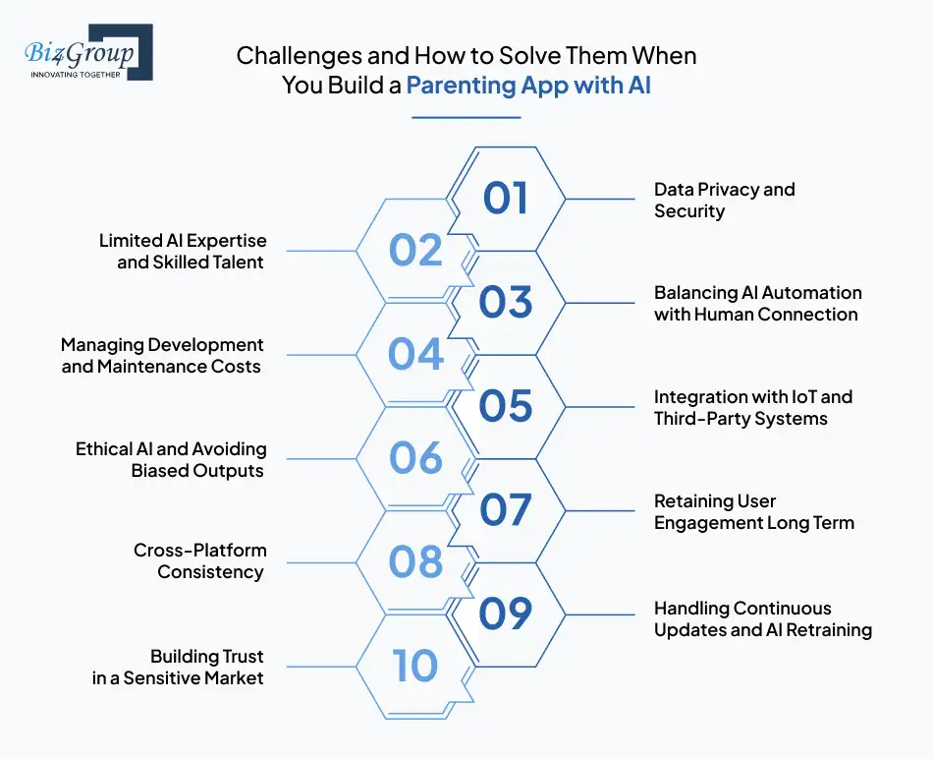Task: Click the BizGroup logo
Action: [87, 52]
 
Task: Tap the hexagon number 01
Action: [506, 198]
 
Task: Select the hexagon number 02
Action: [415, 251]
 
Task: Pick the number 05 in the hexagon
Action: [506, 406]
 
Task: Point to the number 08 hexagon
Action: [415, 562]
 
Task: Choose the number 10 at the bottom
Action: [415, 667]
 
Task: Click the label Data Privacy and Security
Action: [724, 200]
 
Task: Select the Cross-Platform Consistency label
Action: [199, 560]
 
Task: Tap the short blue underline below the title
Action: [466, 118]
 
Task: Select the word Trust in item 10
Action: [241, 656]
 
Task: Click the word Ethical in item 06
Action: [103, 449]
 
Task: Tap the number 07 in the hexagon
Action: [506, 510]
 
